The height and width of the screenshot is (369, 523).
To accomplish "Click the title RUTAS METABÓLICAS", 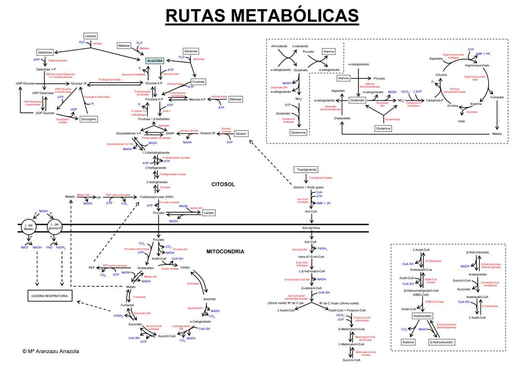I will tap(262, 15).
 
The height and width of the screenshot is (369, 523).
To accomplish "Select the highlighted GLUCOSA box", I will tap(155, 60).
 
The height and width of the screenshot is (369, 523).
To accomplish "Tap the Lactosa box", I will tap(91, 36).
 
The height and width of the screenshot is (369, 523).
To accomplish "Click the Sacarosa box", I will tap(191, 51).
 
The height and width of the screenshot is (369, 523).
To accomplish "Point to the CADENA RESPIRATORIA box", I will tap(49, 295).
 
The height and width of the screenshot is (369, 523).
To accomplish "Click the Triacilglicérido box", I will tap(306, 170).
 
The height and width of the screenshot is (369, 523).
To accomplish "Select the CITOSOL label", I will tap(223, 184).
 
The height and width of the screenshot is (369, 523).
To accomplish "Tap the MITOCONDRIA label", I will tap(225, 251).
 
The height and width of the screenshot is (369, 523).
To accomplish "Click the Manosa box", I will tap(235, 99).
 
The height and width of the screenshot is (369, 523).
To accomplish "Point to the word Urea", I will tap(461, 121).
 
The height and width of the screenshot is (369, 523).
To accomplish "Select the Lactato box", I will tap(209, 213).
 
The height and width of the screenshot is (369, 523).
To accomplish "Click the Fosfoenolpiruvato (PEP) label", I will tap(156, 197).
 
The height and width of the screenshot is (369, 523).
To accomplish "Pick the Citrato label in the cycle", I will tap(185, 267).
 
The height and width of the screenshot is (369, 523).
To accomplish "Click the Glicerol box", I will tap(241, 133).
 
